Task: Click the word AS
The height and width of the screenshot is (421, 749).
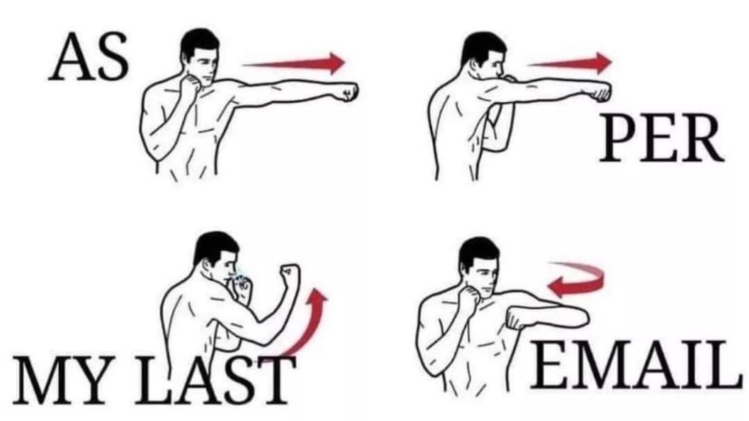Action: [x=88, y=57]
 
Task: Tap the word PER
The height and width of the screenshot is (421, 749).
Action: [x=662, y=137]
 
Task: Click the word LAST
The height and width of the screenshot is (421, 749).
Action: [x=215, y=380]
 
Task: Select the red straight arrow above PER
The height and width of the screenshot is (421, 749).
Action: [x=570, y=63]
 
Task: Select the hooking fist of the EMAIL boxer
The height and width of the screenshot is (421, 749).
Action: [x=517, y=318]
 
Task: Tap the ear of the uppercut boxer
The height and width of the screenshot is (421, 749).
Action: [x=208, y=265]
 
